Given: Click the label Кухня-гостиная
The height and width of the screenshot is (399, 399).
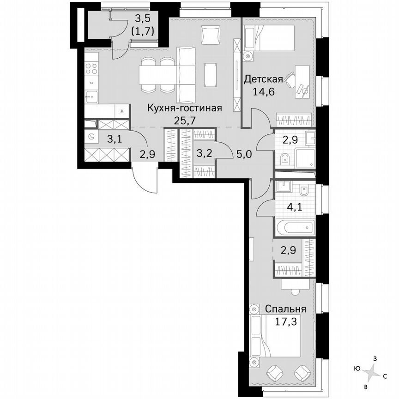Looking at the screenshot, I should click(x=184, y=109).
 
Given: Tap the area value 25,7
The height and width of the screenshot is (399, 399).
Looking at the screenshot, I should click(x=184, y=121).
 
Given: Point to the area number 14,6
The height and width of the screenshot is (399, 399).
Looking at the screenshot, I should click(x=263, y=91).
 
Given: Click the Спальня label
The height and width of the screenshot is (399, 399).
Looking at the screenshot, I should click(x=286, y=308).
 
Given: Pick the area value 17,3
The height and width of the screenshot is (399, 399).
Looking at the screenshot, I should click(x=286, y=320).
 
